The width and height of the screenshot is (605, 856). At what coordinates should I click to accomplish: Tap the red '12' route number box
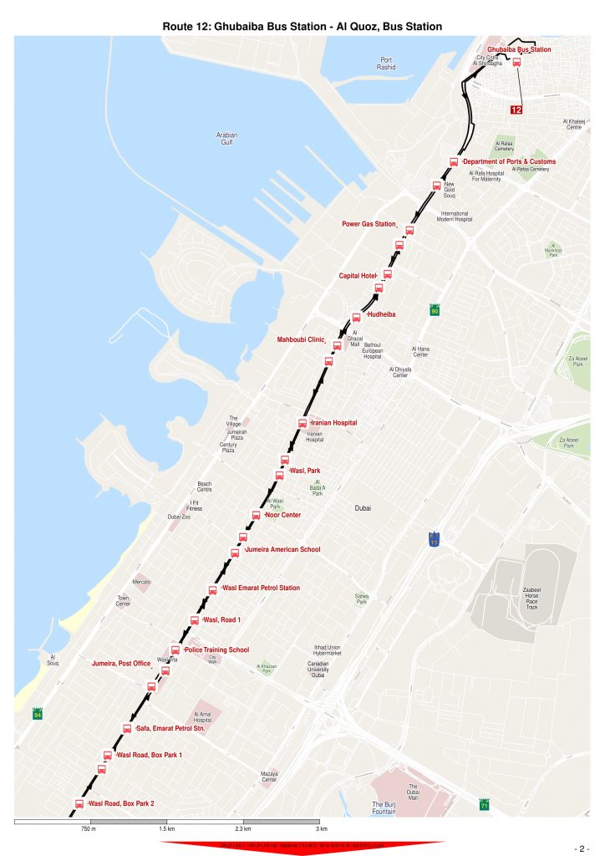[x=516, y=110]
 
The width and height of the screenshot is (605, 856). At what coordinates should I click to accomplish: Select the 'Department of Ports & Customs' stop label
[x=509, y=161]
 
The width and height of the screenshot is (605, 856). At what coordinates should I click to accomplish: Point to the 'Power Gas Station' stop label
[x=368, y=224]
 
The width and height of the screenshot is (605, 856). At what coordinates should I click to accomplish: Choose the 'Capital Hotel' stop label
[x=357, y=275]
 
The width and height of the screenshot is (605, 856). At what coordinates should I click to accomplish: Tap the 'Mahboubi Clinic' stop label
[x=300, y=339]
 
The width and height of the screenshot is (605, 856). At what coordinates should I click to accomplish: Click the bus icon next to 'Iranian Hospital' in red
[x=302, y=424]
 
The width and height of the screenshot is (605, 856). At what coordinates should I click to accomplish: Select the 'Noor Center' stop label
[x=282, y=515]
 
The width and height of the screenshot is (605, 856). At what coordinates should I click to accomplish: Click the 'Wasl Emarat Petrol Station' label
[x=261, y=588]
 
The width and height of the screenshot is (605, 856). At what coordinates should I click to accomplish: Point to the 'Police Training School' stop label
[x=216, y=650]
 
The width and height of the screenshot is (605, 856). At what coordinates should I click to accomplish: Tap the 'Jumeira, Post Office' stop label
[x=121, y=664]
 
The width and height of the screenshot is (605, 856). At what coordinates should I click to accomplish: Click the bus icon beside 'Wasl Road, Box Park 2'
[x=80, y=804]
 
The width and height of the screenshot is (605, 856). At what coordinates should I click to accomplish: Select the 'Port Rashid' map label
[x=386, y=64]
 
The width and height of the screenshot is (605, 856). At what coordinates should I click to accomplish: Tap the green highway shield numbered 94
[x=37, y=715]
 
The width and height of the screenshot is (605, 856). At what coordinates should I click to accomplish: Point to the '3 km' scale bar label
[x=320, y=828]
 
